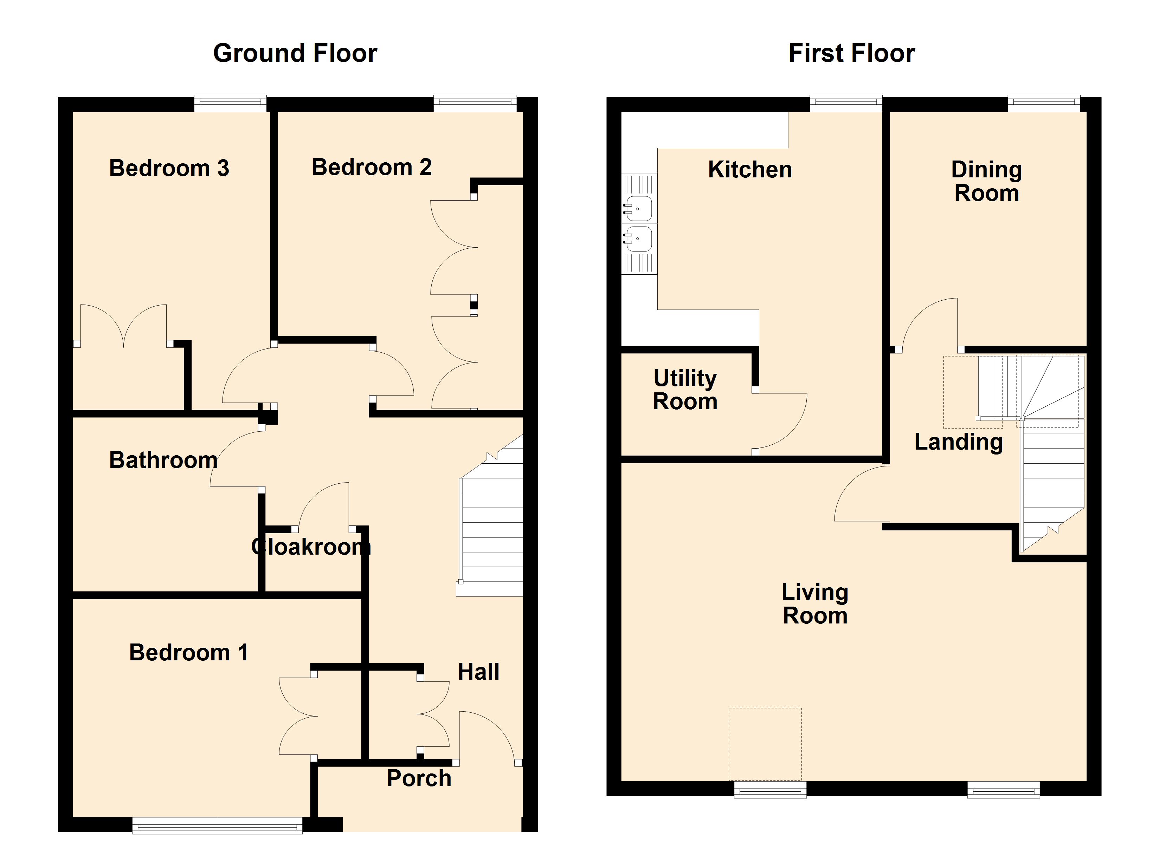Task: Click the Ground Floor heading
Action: (295, 53)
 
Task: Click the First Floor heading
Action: (852, 53)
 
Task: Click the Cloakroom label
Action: (311, 547)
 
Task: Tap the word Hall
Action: (478, 672)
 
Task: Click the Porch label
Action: (419, 778)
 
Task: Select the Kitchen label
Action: (750, 170)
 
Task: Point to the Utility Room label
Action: (685, 390)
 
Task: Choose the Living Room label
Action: (815, 604)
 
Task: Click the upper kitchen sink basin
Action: (638, 209)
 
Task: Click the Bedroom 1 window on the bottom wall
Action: (217, 825)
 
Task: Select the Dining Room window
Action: (1044, 103)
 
